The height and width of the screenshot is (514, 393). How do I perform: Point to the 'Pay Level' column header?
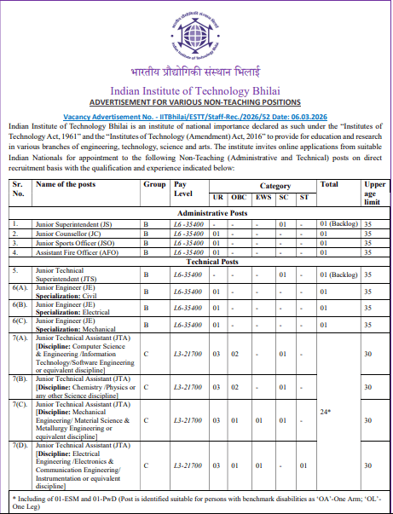(x=182, y=188)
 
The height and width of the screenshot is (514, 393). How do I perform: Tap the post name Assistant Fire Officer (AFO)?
(x=74, y=252)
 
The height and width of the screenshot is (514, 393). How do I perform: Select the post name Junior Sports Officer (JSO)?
(x=75, y=242)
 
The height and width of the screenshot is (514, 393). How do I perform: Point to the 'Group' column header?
(x=154, y=184)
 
